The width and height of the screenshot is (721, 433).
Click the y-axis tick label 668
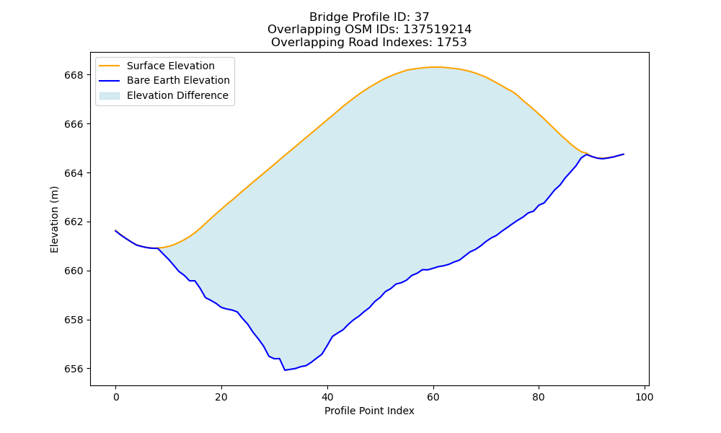coord(74,75)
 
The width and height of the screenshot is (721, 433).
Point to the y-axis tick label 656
coord(74,369)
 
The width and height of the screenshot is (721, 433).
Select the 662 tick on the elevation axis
coord(74,222)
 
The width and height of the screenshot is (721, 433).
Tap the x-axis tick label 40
coord(327,397)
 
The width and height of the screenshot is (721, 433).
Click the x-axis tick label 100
coord(644,397)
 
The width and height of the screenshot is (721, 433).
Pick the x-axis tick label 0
coord(116,397)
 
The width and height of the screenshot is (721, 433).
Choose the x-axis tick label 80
coord(539,397)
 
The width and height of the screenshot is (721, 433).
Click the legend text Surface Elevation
coord(171,66)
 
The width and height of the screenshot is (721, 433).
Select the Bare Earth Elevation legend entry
coord(164,81)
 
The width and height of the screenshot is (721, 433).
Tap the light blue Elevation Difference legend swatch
coord(110,96)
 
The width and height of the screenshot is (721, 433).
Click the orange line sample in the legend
coord(110,66)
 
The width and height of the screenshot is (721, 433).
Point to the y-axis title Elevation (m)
coord(54,219)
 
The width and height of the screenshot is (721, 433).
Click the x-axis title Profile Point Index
coord(369,411)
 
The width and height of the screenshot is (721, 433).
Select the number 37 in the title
coord(422,17)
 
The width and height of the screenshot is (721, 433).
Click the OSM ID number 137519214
coord(438,30)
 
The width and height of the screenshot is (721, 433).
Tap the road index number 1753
coord(451,43)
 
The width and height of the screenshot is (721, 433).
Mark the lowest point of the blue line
coord(285,370)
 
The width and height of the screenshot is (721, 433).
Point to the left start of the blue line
coord(115,230)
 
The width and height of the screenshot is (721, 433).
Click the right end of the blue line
coord(624,154)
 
